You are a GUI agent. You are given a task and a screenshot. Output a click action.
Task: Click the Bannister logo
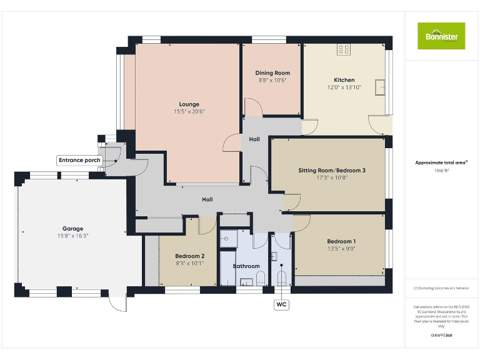coord(441,36)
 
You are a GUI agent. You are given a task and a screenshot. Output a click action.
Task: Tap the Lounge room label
coord(189,104)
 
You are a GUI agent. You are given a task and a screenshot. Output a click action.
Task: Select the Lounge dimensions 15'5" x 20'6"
coord(189,112)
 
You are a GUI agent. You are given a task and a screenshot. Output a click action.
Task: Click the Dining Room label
coord(272,73)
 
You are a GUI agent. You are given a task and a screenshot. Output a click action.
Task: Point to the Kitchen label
coord(344,80)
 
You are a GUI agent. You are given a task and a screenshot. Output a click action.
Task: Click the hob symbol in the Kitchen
coord(344,49)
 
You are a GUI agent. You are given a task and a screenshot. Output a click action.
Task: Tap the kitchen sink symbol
coord(380,87)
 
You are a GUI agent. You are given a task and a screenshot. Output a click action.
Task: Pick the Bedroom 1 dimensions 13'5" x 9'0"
coord(341,249)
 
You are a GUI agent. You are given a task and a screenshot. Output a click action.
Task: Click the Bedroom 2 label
coord(189,256)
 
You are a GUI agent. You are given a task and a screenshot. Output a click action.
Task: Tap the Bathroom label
coord(246,266)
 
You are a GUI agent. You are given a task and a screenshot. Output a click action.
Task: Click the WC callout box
coord(281,304)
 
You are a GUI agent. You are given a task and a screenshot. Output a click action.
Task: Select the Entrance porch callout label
coord(79,161)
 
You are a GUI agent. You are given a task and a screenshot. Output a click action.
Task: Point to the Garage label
coord(72,229)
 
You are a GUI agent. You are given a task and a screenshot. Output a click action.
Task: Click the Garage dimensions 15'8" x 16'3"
coord(72,236)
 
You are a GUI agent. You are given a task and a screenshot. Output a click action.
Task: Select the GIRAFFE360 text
coord(441,336)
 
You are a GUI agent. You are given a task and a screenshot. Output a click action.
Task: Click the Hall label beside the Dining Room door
coord(254,139)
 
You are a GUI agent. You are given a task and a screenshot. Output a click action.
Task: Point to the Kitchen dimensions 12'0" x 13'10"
coord(344,87)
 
